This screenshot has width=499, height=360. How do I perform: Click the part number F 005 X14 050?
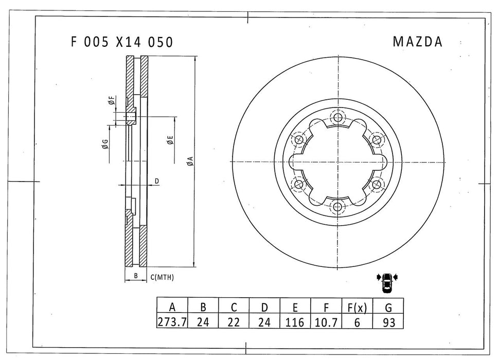(x=121, y=42)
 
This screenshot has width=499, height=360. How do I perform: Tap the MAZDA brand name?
(x=417, y=42)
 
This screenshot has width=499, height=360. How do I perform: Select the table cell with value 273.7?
(x=172, y=322)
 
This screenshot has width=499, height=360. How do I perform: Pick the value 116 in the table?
(x=295, y=322)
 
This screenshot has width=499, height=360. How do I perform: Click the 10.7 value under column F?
(x=326, y=322)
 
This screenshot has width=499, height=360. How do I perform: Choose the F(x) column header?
(x=357, y=308)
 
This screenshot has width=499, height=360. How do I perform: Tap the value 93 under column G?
(x=388, y=322)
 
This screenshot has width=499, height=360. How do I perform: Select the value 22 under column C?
(x=234, y=322)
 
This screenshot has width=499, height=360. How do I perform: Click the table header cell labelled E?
(x=295, y=308)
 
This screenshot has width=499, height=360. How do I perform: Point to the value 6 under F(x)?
(x=357, y=322)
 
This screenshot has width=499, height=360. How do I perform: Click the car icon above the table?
(x=387, y=281)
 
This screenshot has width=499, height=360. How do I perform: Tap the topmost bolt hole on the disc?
(x=337, y=118)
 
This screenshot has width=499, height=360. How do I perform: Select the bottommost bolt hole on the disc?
(x=337, y=207)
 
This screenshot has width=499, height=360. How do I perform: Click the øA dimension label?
(x=190, y=161)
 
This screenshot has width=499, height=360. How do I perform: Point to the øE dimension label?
(x=169, y=139)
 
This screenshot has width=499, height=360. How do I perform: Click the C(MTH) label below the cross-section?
(x=162, y=277)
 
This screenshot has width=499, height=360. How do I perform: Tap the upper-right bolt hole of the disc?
(x=377, y=139)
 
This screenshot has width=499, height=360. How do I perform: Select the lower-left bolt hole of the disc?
(x=298, y=184)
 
